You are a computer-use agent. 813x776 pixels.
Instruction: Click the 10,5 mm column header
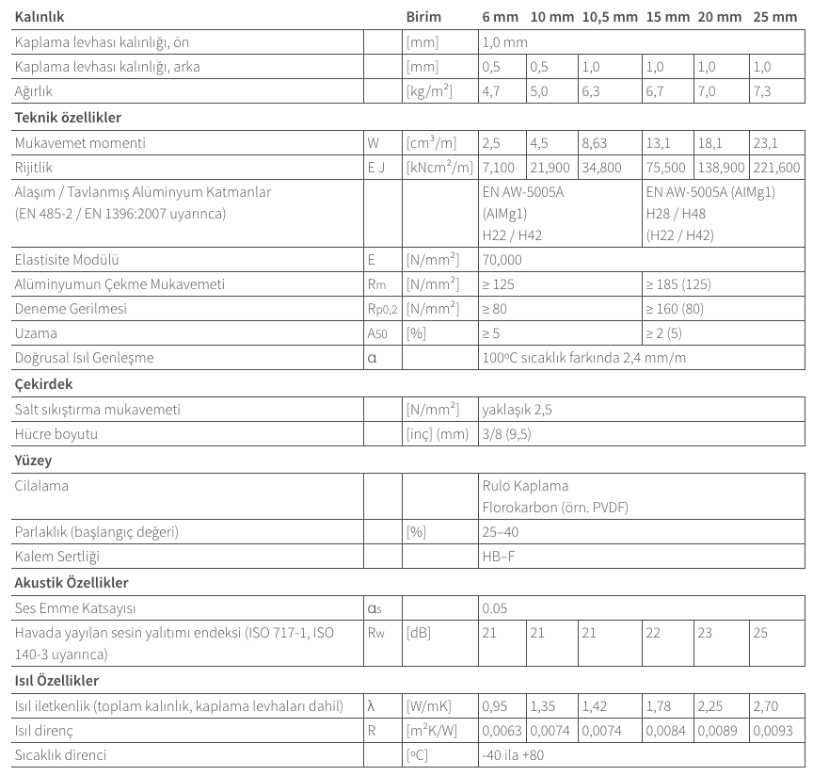(609, 18)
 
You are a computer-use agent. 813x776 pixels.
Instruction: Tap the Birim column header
(422, 18)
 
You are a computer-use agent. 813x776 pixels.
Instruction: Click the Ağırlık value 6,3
(590, 92)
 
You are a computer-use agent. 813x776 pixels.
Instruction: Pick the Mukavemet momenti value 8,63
(595, 143)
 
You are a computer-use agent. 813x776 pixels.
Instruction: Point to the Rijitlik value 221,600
(776, 167)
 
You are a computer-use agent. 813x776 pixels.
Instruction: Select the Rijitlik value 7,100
(499, 167)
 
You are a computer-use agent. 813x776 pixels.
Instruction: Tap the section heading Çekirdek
(44, 384)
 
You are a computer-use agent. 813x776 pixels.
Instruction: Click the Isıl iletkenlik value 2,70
(766, 705)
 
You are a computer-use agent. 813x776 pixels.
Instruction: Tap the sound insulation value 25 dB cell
(761, 633)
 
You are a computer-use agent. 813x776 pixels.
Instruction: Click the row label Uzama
(37, 333)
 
